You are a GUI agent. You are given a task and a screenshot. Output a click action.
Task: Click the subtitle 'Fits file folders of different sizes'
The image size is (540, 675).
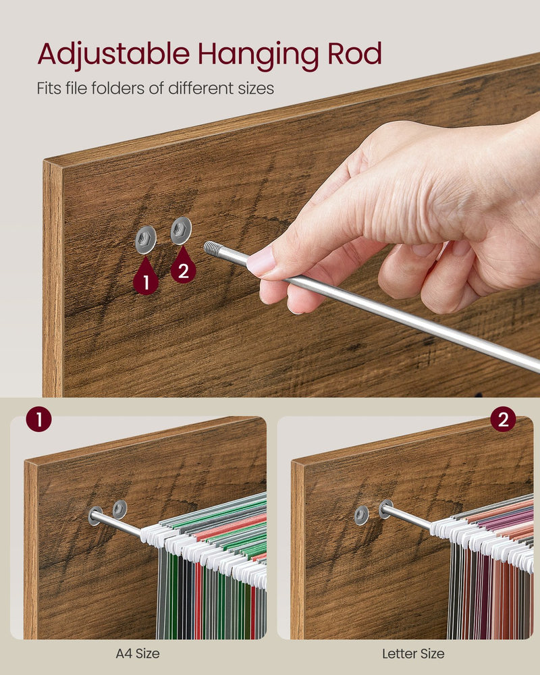pyautogui.click(x=156, y=88)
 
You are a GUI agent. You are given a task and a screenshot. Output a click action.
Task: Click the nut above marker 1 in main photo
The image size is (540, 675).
pyautogui.click(x=145, y=240)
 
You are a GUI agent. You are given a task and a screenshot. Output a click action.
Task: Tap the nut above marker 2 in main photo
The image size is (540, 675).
pyautogui.click(x=181, y=231)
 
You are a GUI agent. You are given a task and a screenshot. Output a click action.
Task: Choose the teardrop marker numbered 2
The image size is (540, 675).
pyautogui.click(x=182, y=270)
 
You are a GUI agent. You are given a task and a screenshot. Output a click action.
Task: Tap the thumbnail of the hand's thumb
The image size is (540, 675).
pyautogui.click(x=261, y=262)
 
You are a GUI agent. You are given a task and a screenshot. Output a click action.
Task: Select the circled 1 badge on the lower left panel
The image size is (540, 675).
pyautogui.click(x=39, y=420)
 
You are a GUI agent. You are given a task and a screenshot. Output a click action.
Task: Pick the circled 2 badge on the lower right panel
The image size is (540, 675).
pyautogui.click(x=502, y=420)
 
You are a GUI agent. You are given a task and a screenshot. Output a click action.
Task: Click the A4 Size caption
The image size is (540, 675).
pyautogui.click(x=138, y=653)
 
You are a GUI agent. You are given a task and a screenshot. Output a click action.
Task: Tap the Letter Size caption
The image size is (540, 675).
pyautogui.click(x=413, y=653)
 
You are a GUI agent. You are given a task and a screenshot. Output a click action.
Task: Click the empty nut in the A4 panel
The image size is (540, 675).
pyautogui.click(x=119, y=509)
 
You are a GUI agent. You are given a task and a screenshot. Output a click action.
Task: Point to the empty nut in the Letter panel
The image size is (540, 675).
pyautogui.click(x=362, y=515)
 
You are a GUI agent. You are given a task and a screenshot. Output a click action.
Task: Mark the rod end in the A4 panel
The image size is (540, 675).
pyautogui.click(x=95, y=516)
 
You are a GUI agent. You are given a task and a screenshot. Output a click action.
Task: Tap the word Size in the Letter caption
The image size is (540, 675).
pyautogui.click(x=432, y=653)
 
